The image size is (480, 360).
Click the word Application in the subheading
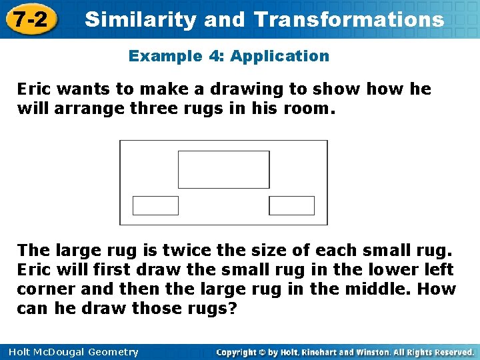[x=280, y=56]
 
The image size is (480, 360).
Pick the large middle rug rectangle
[x=224, y=169]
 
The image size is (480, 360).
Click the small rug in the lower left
[x=155, y=205]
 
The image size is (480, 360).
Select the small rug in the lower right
[x=291, y=205]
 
